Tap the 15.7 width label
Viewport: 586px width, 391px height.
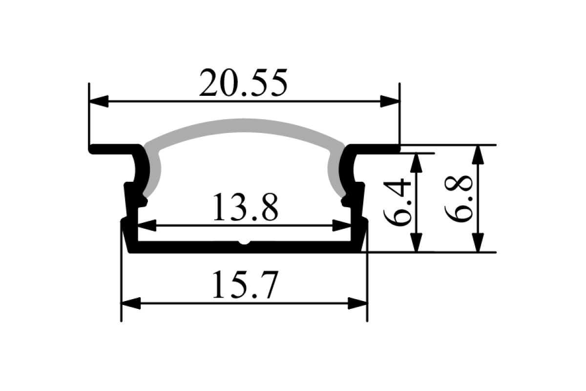[244, 285]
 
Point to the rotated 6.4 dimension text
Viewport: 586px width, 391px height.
[397, 202]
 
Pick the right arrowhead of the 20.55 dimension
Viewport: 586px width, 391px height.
[390, 102]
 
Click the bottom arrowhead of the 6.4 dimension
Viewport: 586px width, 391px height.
[416, 242]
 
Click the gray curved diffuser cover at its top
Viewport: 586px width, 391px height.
[244, 126]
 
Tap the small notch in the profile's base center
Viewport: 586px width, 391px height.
[244, 242]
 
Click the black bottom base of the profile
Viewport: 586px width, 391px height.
[195, 248]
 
